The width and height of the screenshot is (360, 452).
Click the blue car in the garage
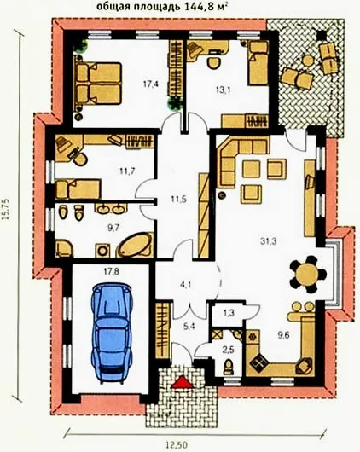point(113,333)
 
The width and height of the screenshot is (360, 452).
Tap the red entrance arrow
point(183,383)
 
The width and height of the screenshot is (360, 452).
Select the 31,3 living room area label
point(269,241)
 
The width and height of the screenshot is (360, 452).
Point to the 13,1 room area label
point(224,90)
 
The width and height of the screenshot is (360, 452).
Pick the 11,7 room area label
point(127,171)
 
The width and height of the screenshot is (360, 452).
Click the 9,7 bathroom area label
point(113,228)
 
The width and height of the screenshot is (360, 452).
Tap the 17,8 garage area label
point(112,271)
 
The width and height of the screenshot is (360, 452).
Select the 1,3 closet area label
point(229,313)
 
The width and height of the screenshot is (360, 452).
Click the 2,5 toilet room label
point(228,350)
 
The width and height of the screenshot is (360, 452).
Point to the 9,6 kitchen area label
point(283,335)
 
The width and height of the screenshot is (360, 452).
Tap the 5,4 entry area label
point(189,327)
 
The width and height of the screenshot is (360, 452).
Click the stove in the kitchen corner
point(258,362)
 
